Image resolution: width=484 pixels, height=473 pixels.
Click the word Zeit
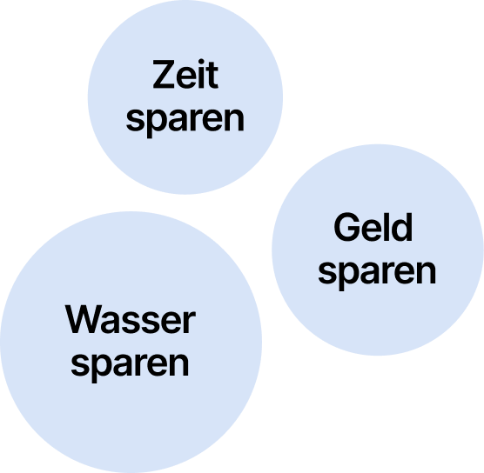coord(185,74)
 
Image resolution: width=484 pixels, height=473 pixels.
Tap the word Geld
coord(373,227)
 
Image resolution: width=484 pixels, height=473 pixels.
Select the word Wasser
coord(131,319)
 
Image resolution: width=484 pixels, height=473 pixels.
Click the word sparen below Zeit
coord(185,123)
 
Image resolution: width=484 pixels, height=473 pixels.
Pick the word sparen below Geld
coord(377,275)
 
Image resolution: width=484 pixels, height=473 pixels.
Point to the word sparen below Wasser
coord(130,367)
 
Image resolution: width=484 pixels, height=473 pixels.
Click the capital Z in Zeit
coord(164,74)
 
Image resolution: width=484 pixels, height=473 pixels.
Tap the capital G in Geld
coord(346,227)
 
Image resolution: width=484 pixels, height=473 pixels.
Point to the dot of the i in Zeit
coord(202,61)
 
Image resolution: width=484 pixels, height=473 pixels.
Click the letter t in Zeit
coord(213,76)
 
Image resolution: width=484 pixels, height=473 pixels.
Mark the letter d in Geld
coord(402,227)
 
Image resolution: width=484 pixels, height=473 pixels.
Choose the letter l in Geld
coord(386,227)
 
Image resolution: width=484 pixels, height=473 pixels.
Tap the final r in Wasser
coord(190,323)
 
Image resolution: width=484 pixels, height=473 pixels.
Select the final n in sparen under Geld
coord(427,272)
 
